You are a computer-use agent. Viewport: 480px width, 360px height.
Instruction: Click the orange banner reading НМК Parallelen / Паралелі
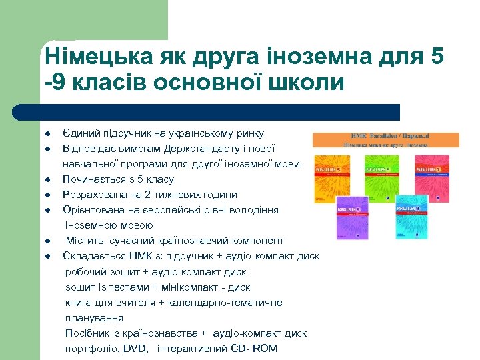pyautogui.click(x=386, y=139)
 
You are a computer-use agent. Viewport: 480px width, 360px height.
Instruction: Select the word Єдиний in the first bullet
pyautogui.click(x=81, y=133)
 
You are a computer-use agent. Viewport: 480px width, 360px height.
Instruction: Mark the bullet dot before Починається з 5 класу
pyautogui.click(x=49, y=180)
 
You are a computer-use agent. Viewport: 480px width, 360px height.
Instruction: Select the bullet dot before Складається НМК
pyautogui.click(x=49, y=257)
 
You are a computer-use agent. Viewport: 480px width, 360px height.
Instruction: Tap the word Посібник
pyautogui.click(x=87, y=333)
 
